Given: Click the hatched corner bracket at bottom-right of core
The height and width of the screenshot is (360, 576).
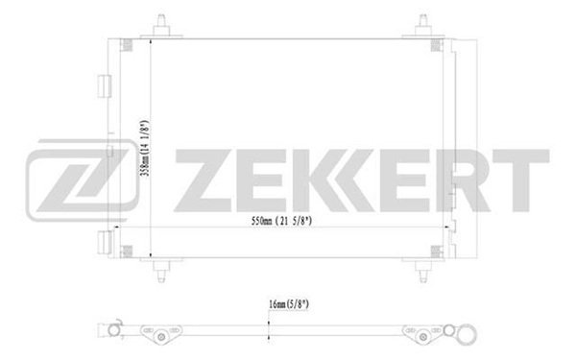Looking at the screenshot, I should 439,251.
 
